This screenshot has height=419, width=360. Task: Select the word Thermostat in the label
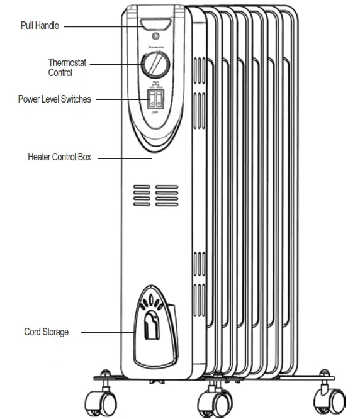[67, 62]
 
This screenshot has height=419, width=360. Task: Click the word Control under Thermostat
[60, 72]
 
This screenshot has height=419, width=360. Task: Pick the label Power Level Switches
[54, 99]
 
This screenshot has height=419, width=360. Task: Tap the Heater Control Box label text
[60, 157]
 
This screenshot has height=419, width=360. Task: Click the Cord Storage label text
[47, 332]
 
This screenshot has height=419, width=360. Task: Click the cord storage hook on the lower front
[152, 327]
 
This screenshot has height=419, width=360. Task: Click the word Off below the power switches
[155, 112]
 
